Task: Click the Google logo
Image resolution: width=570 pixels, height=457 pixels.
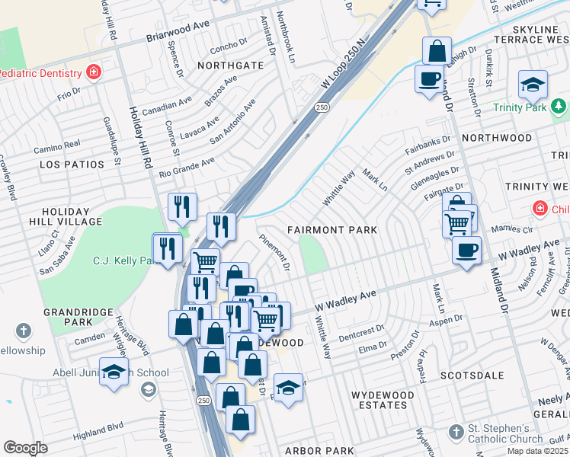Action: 25,448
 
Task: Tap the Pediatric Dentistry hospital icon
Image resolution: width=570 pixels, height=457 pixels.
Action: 94,73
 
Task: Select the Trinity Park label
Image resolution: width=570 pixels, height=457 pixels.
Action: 520,108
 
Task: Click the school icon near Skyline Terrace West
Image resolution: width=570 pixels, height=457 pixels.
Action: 533,85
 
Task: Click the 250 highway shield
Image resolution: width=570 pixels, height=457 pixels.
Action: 322,108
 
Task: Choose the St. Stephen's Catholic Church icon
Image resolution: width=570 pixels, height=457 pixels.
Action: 455,432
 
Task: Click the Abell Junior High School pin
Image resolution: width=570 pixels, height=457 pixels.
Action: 114,372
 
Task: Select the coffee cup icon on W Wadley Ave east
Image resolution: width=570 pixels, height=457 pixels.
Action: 466,249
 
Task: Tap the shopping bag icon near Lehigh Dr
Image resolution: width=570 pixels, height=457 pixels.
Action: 438,52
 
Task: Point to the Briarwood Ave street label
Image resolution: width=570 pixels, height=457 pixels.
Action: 178,35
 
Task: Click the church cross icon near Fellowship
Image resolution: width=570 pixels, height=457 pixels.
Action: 24,331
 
